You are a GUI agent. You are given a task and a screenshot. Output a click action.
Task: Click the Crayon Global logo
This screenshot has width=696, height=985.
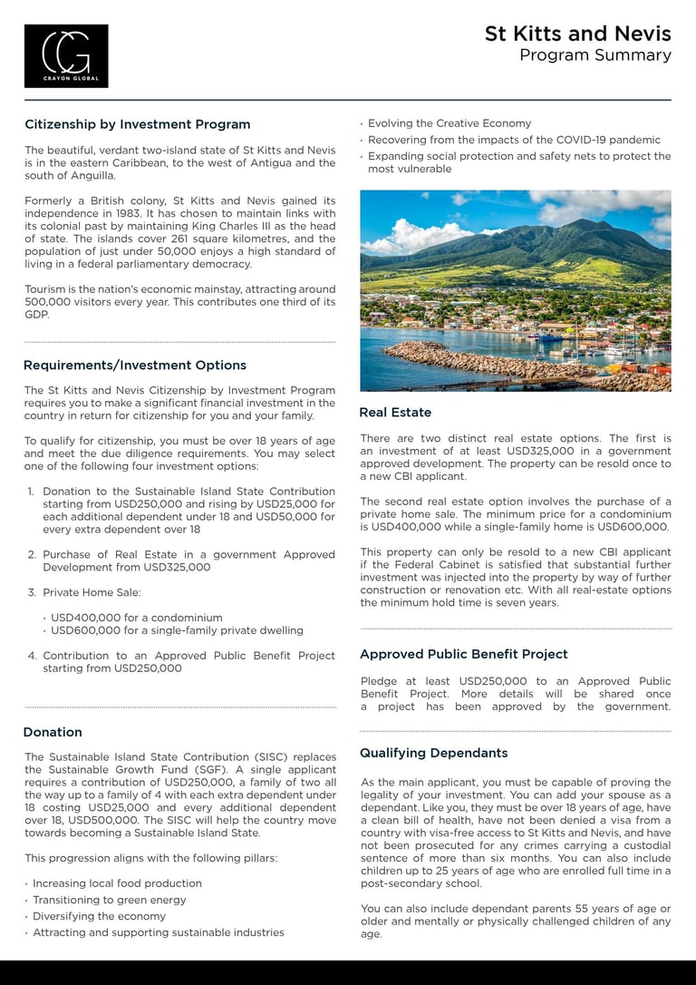pos(66,56)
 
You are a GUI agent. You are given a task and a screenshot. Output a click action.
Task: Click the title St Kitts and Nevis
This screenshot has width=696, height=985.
pos(577,34)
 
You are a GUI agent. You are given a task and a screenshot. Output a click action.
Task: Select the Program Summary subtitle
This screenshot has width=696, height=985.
pos(594,56)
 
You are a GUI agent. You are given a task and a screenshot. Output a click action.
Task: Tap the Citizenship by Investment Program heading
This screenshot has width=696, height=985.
pos(137,124)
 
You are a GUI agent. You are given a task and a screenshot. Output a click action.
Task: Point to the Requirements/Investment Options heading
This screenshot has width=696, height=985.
pos(135,366)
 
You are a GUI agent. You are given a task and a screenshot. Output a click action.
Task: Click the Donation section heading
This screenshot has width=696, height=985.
pos(53,732)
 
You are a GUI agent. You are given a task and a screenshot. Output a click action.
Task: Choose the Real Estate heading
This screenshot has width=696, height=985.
pos(395,413)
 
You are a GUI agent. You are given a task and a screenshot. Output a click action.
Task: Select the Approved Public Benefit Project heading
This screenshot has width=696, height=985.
pos(463,654)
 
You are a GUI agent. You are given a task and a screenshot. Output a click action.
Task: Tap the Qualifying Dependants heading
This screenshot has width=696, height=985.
pos(433,753)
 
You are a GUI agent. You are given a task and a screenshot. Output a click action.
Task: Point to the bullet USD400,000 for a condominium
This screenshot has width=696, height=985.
pos(136,618)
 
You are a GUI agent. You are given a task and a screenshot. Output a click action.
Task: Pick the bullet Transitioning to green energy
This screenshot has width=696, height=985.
pos(109,900)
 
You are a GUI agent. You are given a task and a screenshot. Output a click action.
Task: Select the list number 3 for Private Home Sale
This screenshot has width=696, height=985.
pos(31,592)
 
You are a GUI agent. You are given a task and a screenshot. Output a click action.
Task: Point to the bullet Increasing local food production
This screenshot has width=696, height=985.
pos(117,883)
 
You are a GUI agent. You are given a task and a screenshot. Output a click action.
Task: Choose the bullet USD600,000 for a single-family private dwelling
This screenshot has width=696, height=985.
pos(177,630)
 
